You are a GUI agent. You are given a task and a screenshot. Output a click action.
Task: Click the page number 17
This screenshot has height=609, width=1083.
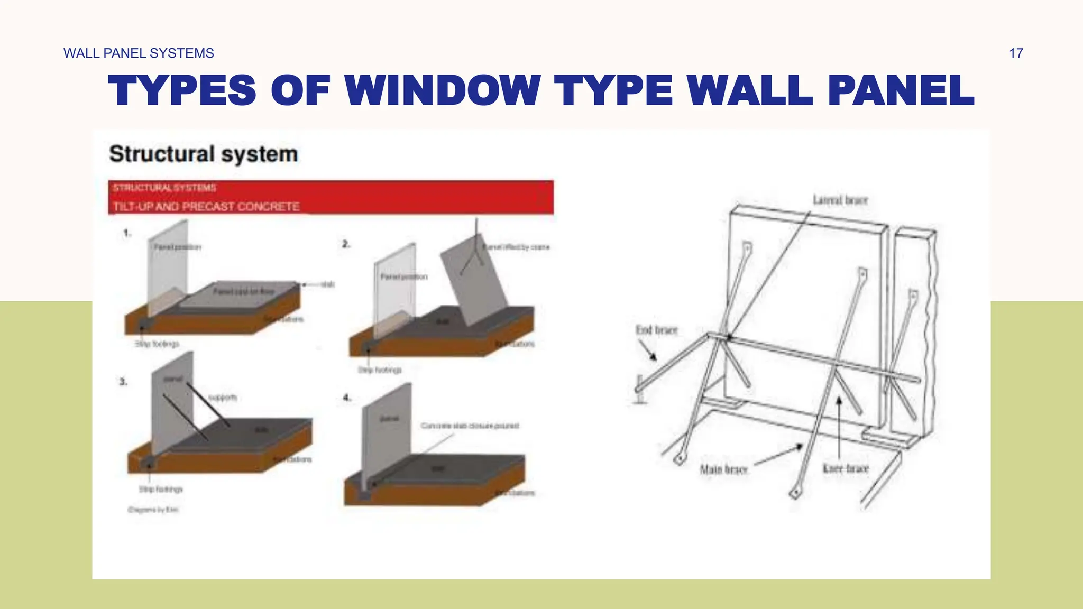[x=1015, y=53]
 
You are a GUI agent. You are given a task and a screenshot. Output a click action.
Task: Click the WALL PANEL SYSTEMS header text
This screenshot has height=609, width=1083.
[x=139, y=53]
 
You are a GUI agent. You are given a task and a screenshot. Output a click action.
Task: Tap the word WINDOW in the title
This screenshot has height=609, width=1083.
[x=442, y=90]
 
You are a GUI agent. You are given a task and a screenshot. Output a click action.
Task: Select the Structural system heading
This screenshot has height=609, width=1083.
[x=204, y=154]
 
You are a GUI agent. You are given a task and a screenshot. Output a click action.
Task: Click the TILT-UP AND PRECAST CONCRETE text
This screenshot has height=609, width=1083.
[x=206, y=207]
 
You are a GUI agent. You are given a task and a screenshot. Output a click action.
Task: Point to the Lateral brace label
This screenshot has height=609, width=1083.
[x=840, y=200]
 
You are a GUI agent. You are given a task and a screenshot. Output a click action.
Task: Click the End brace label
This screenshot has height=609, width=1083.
[x=656, y=330]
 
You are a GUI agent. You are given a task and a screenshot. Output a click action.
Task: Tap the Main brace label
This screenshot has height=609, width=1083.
[x=723, y=469]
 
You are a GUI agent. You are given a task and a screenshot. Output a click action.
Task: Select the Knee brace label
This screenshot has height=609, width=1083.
[x=846, y=469]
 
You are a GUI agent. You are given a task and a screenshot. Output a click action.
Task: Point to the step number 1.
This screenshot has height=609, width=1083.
[x=127, y=233]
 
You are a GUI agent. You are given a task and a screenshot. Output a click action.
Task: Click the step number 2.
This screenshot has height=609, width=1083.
[x=346, y=244]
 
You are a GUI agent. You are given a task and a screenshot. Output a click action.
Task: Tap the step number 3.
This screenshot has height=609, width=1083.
[x=123, y=382]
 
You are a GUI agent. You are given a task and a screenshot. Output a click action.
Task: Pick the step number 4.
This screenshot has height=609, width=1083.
[x=347, y=398]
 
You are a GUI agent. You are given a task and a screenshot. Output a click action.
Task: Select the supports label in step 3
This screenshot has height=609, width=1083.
[x=223, y=398]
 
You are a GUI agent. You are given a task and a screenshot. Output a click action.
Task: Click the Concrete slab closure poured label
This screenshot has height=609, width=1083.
[x=470, y=426]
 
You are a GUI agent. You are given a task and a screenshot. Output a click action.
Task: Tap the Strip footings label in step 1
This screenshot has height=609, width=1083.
[x=157, y=344]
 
